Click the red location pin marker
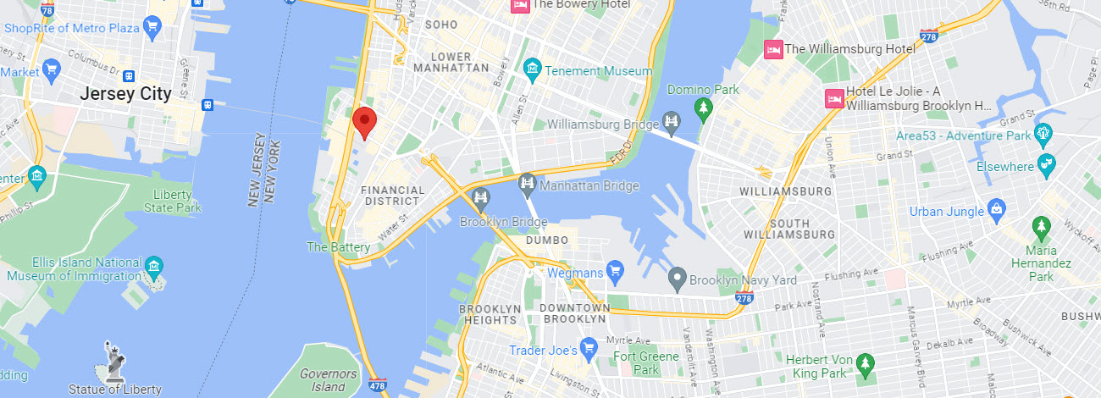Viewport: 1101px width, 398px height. [x=364, y=122]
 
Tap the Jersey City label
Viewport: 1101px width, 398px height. [x=125, y=94]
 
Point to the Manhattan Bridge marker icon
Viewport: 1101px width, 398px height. [x=527, y=183]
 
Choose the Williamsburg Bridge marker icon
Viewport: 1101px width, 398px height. [x=672, y=124]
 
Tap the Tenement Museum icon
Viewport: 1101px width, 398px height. [x=533, y=71]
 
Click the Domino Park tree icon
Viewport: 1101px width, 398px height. [x=702, y=108]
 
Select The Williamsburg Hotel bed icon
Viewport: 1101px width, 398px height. [x=772, y=49]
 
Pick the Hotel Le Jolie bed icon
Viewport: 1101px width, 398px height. [x=834, y=98]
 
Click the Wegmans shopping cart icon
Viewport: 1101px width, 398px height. [x=616, y=273]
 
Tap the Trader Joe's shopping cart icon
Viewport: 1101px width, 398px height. [x=590, y=349]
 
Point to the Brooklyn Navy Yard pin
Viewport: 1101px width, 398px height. [x=676, y=278]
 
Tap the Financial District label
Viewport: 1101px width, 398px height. [x=391, y=196]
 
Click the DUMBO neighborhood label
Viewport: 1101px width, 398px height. [x=546, y=240]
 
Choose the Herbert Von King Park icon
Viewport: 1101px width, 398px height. [x=865, y=366]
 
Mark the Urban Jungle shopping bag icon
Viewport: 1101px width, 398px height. [x=997, y=209]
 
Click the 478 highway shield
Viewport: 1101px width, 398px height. [x=379, y=386]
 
